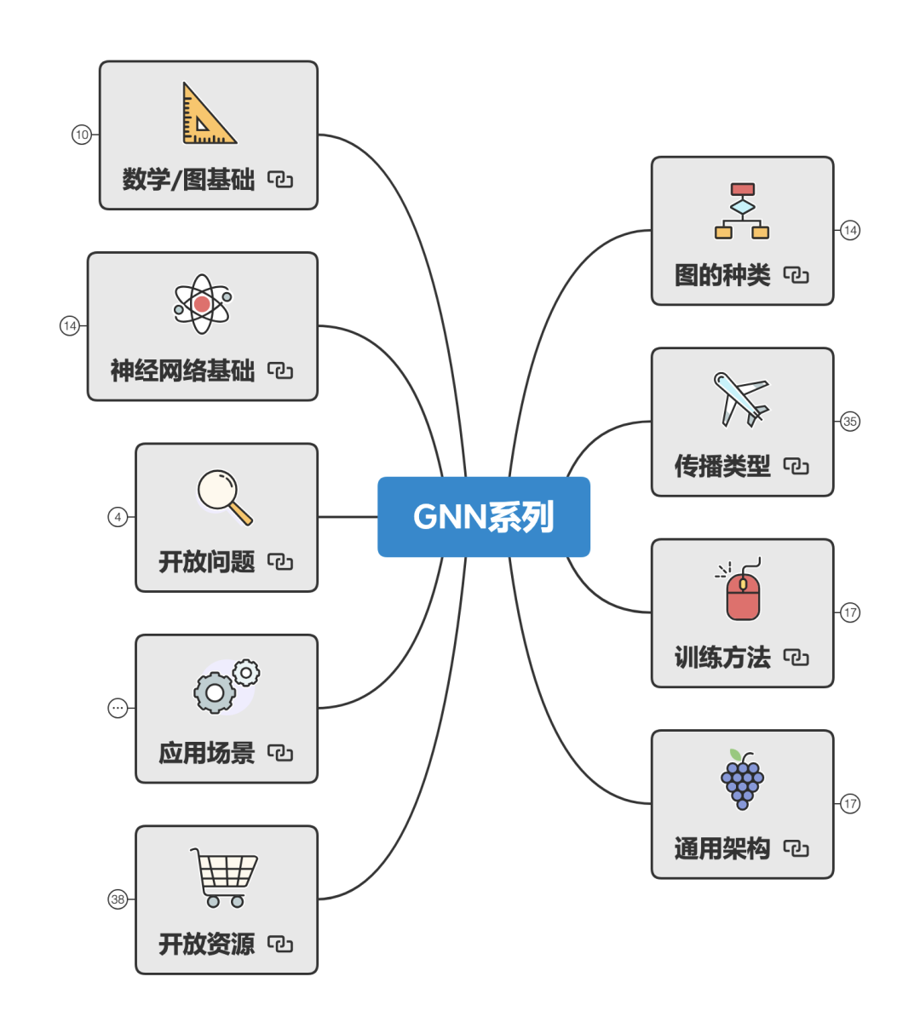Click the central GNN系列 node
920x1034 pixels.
pyautogui.click(x=484, y=517)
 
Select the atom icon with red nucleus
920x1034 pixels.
pyautogui.click(x=202, y=304)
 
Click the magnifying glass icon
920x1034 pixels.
pyautogui.click(x=223, y=496)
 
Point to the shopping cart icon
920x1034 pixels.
pyautogui.click(x=224, y=877)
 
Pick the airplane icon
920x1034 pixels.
pyautogui.click(x=740, y=398)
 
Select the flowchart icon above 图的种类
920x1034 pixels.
pyautogui.click(x=742, y=211)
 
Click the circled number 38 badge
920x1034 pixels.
pyautogui.click(x=118, y=899)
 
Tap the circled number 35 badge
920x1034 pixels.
pyautogui.click(x=850, y=422)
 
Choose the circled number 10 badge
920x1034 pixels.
pyautogui.click(x=82, y=135)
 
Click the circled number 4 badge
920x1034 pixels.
pyautogui.click(x=118, y=517)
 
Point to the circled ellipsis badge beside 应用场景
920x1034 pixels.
pyautogui.click(x=118, y=708)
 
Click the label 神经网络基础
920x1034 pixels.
pyautogui.click(x=182, y=371)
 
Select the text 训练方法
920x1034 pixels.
pyautogui.click(x=722, y=658)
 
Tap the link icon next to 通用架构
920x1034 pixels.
pyautogui.click(x=796, y=848)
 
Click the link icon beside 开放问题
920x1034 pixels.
pyautogui.click(x=280, y=561)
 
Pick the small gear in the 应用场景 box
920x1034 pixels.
pyautogui.click(x=246, y=673)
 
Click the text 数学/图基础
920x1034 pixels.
pyautogui.click(x=188, y=180)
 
